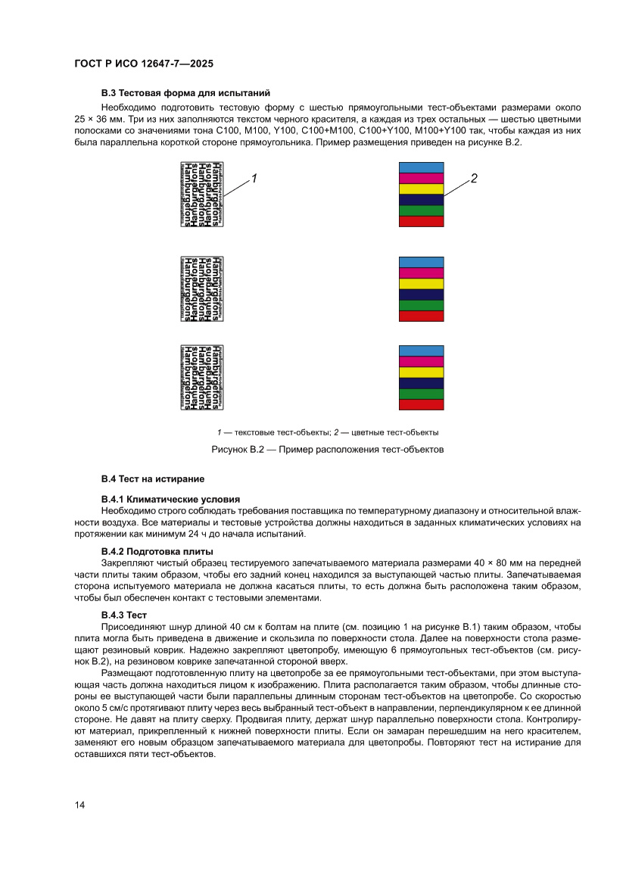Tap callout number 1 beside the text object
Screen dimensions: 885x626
tap(255, 179)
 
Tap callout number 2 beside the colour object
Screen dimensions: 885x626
tap(474, 179)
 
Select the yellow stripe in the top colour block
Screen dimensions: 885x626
tap(421, 189)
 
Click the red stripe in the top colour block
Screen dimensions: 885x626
tap(421, 222)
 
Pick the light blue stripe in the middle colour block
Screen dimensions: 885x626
tap(421, 262)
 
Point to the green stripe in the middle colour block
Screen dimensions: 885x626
tap(421, 305)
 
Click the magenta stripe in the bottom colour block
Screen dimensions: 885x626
tap(421, 361)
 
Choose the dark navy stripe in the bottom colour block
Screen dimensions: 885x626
tap(421, 383)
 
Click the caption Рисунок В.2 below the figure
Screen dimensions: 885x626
tap(326, 450)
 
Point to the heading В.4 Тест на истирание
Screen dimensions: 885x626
tap(153, 479)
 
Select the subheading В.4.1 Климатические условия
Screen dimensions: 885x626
tap(170, 500)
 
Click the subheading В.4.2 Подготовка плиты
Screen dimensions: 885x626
tap(157, 551)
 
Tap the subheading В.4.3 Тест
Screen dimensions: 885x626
tap(124, 614)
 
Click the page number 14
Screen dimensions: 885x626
tap(79, 805)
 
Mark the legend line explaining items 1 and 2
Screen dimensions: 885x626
tap(326, 432)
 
